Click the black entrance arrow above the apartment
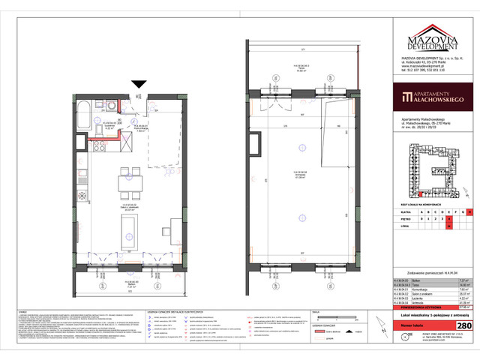139,85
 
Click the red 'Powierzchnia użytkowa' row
421,307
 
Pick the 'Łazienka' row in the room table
421,297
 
